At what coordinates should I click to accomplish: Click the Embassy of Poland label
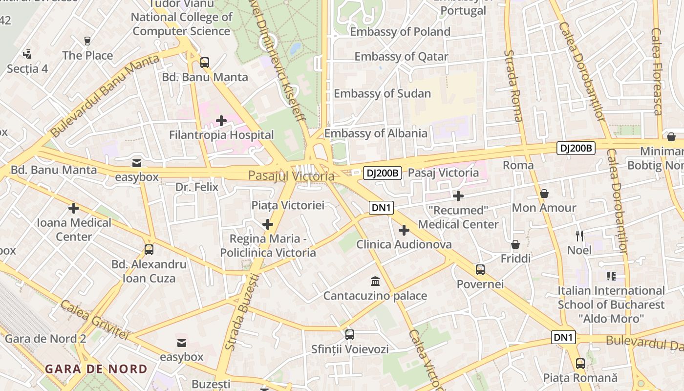pos(400,32)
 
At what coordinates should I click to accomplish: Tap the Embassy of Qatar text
pos(401,57)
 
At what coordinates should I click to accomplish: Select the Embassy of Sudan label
pos(382,94)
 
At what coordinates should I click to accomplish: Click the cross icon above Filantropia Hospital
pos(221,120)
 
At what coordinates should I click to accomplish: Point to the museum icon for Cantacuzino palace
pos(375,282)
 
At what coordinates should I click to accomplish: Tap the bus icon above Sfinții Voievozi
pos(350,335)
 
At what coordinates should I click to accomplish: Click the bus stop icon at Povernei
pos(480,270)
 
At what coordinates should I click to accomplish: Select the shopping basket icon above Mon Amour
pos(544,194)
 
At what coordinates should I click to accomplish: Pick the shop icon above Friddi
pos(515,244)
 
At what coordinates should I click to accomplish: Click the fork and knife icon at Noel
pos(579,236)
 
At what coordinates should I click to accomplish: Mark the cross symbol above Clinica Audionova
pos(404,230)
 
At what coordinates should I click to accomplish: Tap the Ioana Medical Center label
pos(74,230)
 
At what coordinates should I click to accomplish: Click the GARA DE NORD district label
pos(96,369)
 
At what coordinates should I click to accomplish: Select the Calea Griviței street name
pos(94,320)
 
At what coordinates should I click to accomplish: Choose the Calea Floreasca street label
pos(657,71)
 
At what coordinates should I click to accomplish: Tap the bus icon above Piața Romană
pos(580,364)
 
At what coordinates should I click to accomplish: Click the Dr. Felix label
pos(197,187)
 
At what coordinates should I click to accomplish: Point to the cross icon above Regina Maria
pos(268,225)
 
